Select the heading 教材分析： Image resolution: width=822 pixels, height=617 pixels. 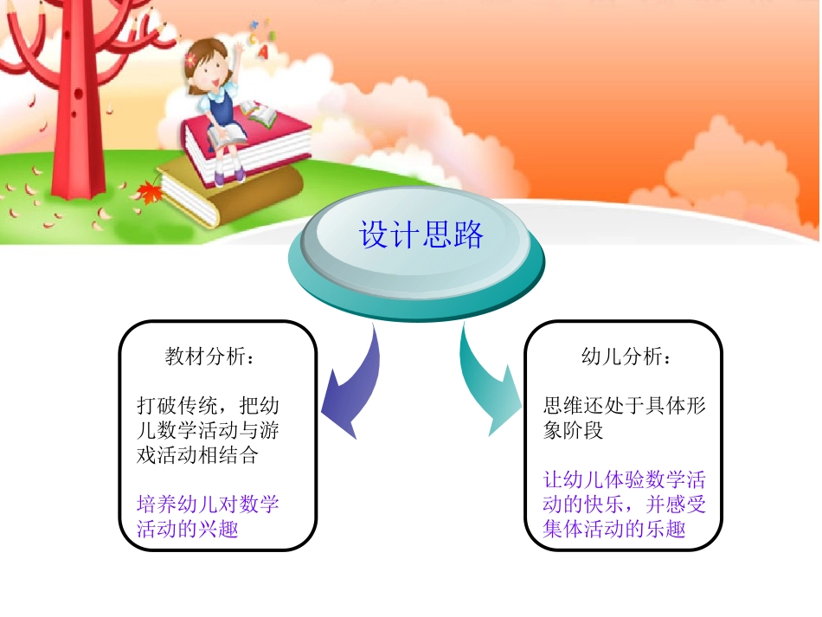[x=209, y=357]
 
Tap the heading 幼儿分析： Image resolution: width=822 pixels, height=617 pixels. [x=625, y=357]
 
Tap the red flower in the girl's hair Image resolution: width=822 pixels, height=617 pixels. [x=192, y=59]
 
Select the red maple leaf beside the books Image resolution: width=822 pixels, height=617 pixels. [x=150, y=191]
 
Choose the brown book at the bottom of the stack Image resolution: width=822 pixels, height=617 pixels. [x=234, y=195]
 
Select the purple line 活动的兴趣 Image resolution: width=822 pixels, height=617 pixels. [x=187, y=528]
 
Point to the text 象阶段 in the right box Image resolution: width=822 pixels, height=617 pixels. [x=573, y=429]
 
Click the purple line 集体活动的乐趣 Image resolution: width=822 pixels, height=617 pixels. [x=614, y=528]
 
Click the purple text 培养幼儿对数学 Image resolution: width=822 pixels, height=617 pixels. [x=208, y=504]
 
